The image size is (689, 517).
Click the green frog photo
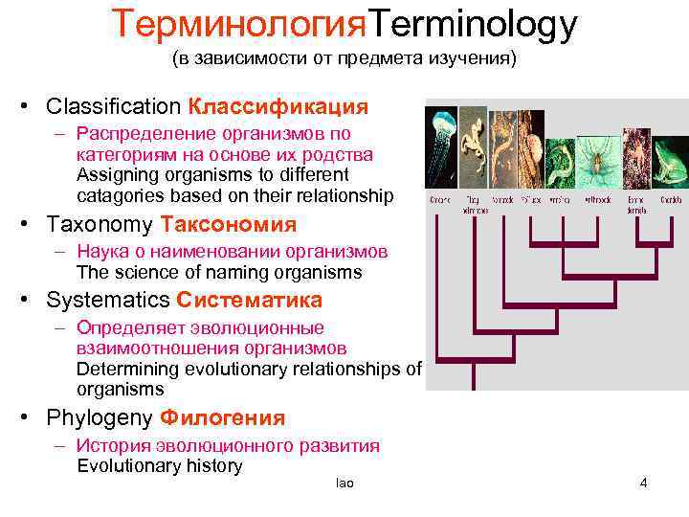[670, 163]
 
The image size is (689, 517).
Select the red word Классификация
[278, 105]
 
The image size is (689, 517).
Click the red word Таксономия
[229, 225]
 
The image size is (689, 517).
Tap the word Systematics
[108, 300]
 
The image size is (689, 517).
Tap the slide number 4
[643, 483]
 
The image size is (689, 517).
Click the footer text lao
[344, 483]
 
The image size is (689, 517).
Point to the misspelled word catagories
[118, 196]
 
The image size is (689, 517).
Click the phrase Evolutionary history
[159, 466]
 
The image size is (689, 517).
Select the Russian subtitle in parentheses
[344, 59]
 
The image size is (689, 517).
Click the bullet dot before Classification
[33, 106]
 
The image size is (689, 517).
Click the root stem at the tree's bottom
[473, 377]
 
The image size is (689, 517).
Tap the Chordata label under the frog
[671, 201]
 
